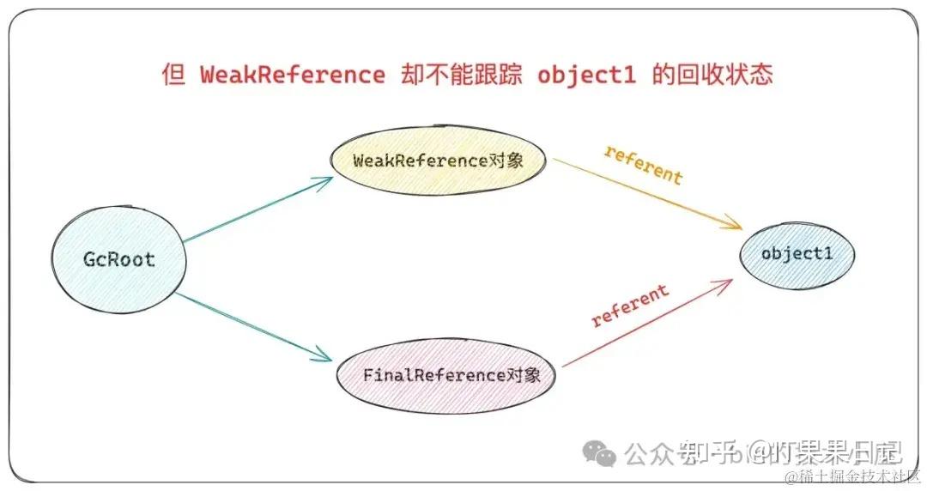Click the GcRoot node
118,258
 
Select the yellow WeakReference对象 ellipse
438,161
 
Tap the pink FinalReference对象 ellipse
445,376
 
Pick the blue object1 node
797,254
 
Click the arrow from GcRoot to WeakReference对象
257,210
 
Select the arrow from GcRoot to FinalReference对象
257,326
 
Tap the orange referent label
643,164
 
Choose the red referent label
630,306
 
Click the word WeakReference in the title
292,75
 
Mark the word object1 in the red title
586,75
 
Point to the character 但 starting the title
174,75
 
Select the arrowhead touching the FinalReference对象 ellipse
324,355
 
